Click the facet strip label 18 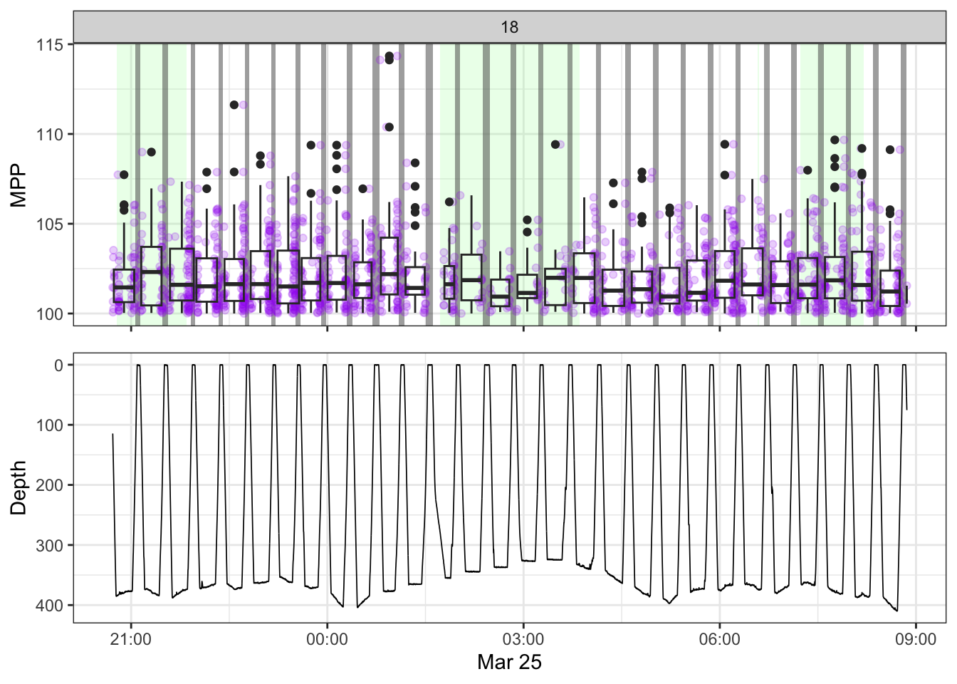[509, 27]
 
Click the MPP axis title [19, 185]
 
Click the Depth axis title [19, 487]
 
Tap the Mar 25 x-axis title [509, 663]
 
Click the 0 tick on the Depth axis [59, 366]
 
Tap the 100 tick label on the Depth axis [50, 425]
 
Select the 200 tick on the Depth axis [50, 485]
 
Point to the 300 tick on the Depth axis [50, 546]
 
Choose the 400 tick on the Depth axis [50, 606]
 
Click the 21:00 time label [131, 639]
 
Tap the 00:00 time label [327, 639]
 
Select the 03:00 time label [523, 639]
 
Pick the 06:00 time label [719, 639]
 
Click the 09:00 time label [916, 639]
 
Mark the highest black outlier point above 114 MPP [389, 56]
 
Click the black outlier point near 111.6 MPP [234, 105]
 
